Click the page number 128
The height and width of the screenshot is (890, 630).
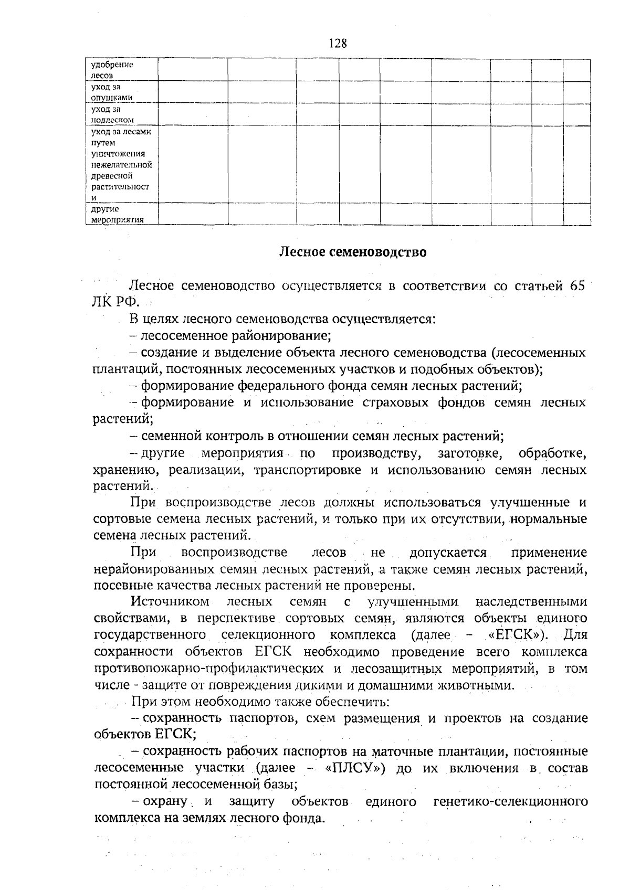338,43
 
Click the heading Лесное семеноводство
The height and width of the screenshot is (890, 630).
352,252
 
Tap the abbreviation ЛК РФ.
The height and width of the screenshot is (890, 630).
112,303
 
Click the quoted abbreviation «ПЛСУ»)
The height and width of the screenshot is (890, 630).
355,769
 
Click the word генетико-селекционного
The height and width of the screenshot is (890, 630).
510,802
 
